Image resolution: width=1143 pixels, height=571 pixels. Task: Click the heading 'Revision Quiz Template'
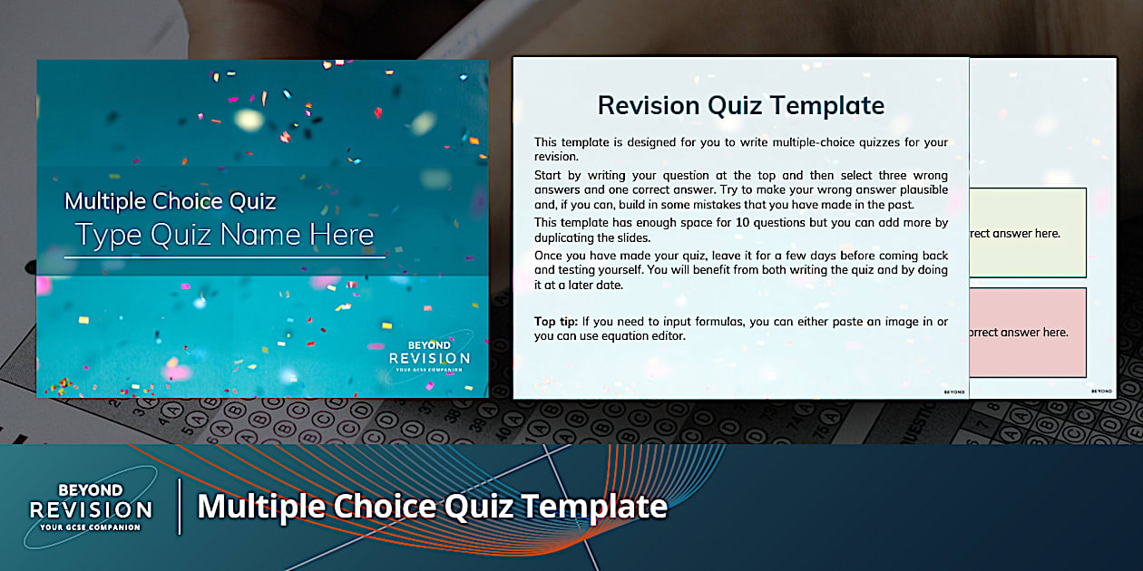740,106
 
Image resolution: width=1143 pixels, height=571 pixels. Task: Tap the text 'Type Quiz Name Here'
225,235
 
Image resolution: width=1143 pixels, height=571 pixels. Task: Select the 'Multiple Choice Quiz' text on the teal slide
171,201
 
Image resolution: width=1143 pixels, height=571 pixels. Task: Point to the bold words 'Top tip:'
556,322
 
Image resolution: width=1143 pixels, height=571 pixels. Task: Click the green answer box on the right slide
1027,233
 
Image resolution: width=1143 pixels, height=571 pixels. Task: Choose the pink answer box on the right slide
1027,332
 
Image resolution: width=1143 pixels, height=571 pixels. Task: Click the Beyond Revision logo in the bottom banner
91,507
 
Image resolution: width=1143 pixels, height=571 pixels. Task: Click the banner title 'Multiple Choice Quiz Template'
432,506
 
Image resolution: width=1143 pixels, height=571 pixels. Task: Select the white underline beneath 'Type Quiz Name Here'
225,257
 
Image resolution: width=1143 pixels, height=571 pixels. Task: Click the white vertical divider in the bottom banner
180,507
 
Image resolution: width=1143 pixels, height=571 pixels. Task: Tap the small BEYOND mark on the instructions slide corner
953,392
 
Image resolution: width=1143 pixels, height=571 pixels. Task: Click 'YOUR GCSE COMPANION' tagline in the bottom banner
91,527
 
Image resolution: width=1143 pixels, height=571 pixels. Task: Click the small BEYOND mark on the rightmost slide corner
1101,392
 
